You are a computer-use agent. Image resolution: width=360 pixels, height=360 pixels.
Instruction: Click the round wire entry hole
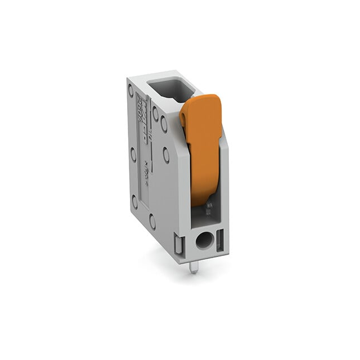coord(203,242)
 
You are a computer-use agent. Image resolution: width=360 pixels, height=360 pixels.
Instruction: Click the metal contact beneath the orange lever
coord(207,210)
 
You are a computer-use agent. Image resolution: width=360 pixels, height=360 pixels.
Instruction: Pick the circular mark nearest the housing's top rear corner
coord(131,89)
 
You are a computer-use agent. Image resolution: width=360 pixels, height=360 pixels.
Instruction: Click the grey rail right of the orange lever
coord(225,180)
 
